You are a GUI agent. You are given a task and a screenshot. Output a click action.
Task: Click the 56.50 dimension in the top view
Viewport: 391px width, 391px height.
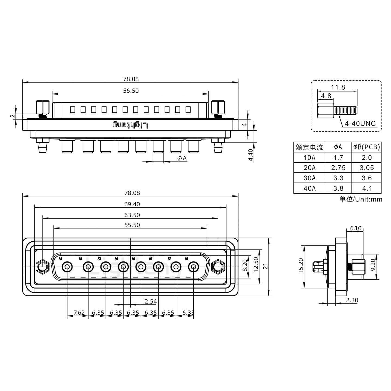point(131,91)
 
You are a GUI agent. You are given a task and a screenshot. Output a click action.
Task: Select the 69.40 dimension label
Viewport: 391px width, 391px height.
point(132,204)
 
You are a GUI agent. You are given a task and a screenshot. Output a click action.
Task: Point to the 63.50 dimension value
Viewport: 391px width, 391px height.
point(132,215)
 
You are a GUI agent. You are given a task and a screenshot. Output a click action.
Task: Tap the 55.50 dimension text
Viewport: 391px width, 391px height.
point(132,225)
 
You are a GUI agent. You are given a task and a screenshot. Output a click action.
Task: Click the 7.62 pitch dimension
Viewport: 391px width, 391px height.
point(79,313)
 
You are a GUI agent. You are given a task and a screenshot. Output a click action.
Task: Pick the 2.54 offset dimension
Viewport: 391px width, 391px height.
point(151,301)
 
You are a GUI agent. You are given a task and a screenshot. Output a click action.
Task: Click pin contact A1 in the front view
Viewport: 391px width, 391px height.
point(67,267)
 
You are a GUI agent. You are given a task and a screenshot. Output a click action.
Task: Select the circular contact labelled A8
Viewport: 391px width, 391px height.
point(193,267)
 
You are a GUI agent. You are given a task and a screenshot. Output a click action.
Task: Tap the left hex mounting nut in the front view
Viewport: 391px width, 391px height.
point(42,267)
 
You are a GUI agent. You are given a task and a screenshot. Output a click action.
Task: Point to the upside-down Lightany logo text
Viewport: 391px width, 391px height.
point(131,125)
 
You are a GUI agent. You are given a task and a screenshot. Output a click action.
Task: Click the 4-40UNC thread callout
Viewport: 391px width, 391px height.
point(360,124)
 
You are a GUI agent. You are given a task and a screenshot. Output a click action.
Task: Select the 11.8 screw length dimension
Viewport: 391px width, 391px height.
point(338,87)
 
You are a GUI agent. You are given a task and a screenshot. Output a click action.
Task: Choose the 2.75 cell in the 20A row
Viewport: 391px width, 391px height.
point(338,168)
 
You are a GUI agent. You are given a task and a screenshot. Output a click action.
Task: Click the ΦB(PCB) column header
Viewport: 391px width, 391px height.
point(367,147)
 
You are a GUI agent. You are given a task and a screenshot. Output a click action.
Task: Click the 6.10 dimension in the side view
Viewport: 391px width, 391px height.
point(355,228)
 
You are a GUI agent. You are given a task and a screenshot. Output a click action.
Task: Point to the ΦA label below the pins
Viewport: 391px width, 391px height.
point(182,158)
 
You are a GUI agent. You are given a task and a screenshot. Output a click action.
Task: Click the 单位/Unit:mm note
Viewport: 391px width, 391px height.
point(361,199)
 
